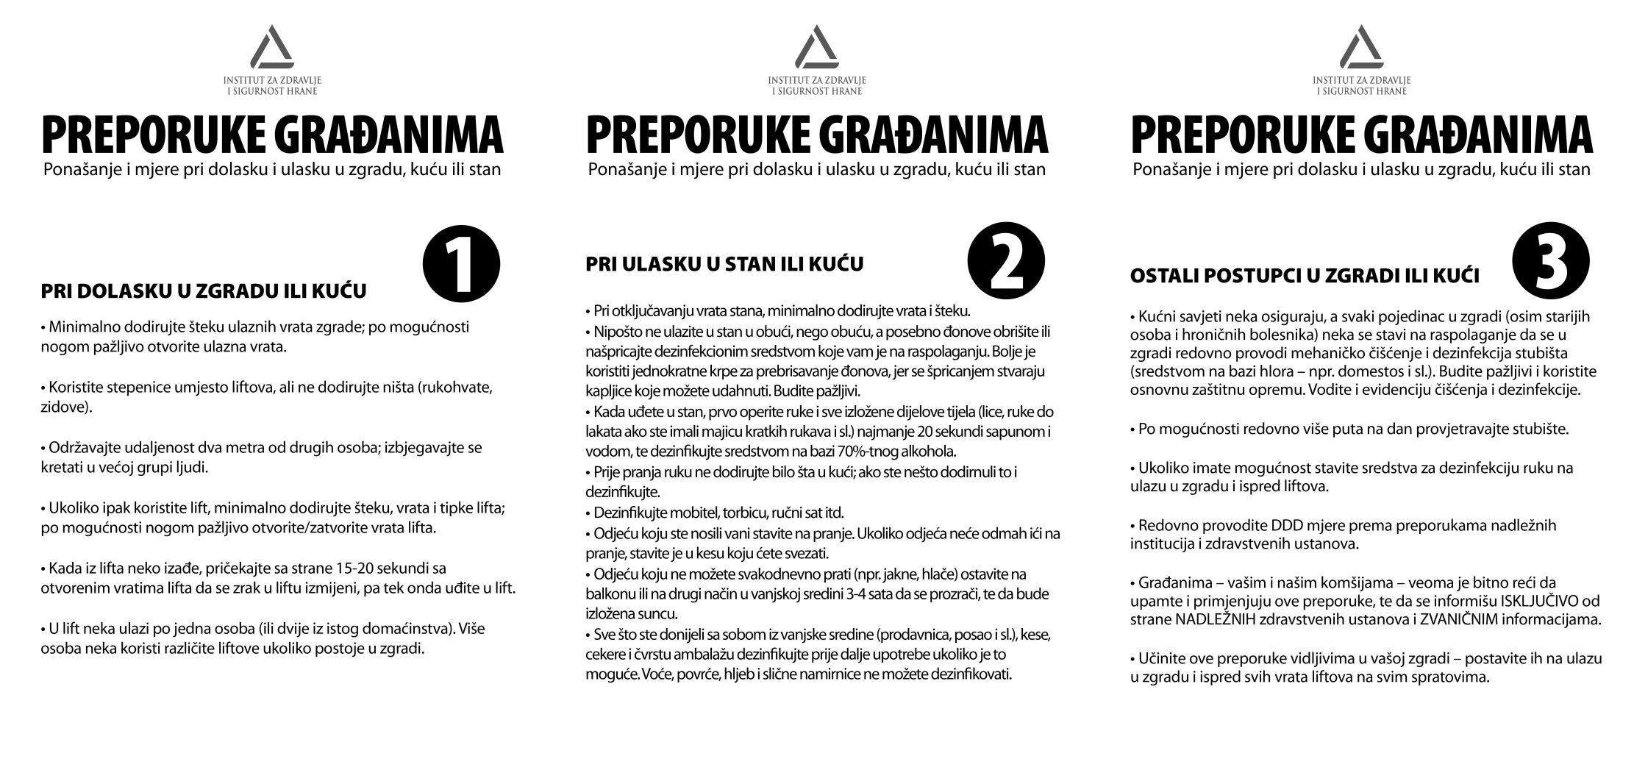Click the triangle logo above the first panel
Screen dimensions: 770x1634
(x=272, y=48)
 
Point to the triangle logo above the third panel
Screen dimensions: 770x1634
(x=1361, y=48)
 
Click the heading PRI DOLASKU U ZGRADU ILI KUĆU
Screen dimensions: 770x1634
(x=204, y=292)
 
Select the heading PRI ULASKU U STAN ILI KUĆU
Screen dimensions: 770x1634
(x=724, y=263)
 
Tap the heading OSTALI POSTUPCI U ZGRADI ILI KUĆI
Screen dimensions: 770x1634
(x=1305, y=277)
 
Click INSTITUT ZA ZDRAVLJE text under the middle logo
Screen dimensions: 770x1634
(x=816, y=79)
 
